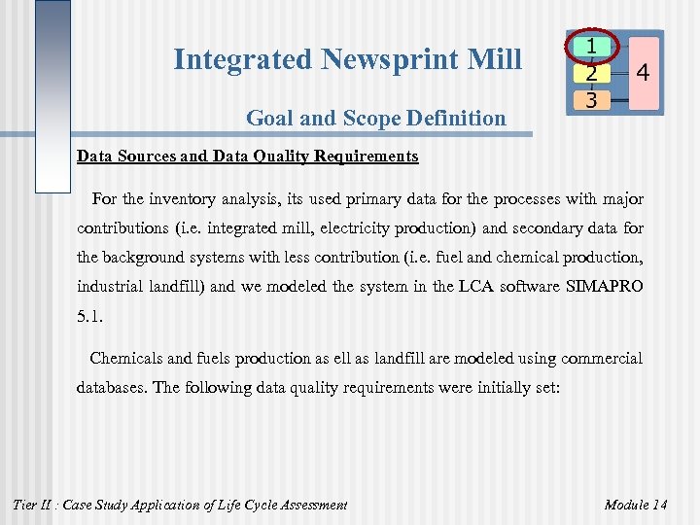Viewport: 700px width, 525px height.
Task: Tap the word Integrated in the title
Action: coord(243,59)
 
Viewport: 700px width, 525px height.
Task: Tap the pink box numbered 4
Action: coord(643,72)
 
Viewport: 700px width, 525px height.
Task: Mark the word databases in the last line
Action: coord(112,387)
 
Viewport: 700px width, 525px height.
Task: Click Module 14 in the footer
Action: coord(636,504)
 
